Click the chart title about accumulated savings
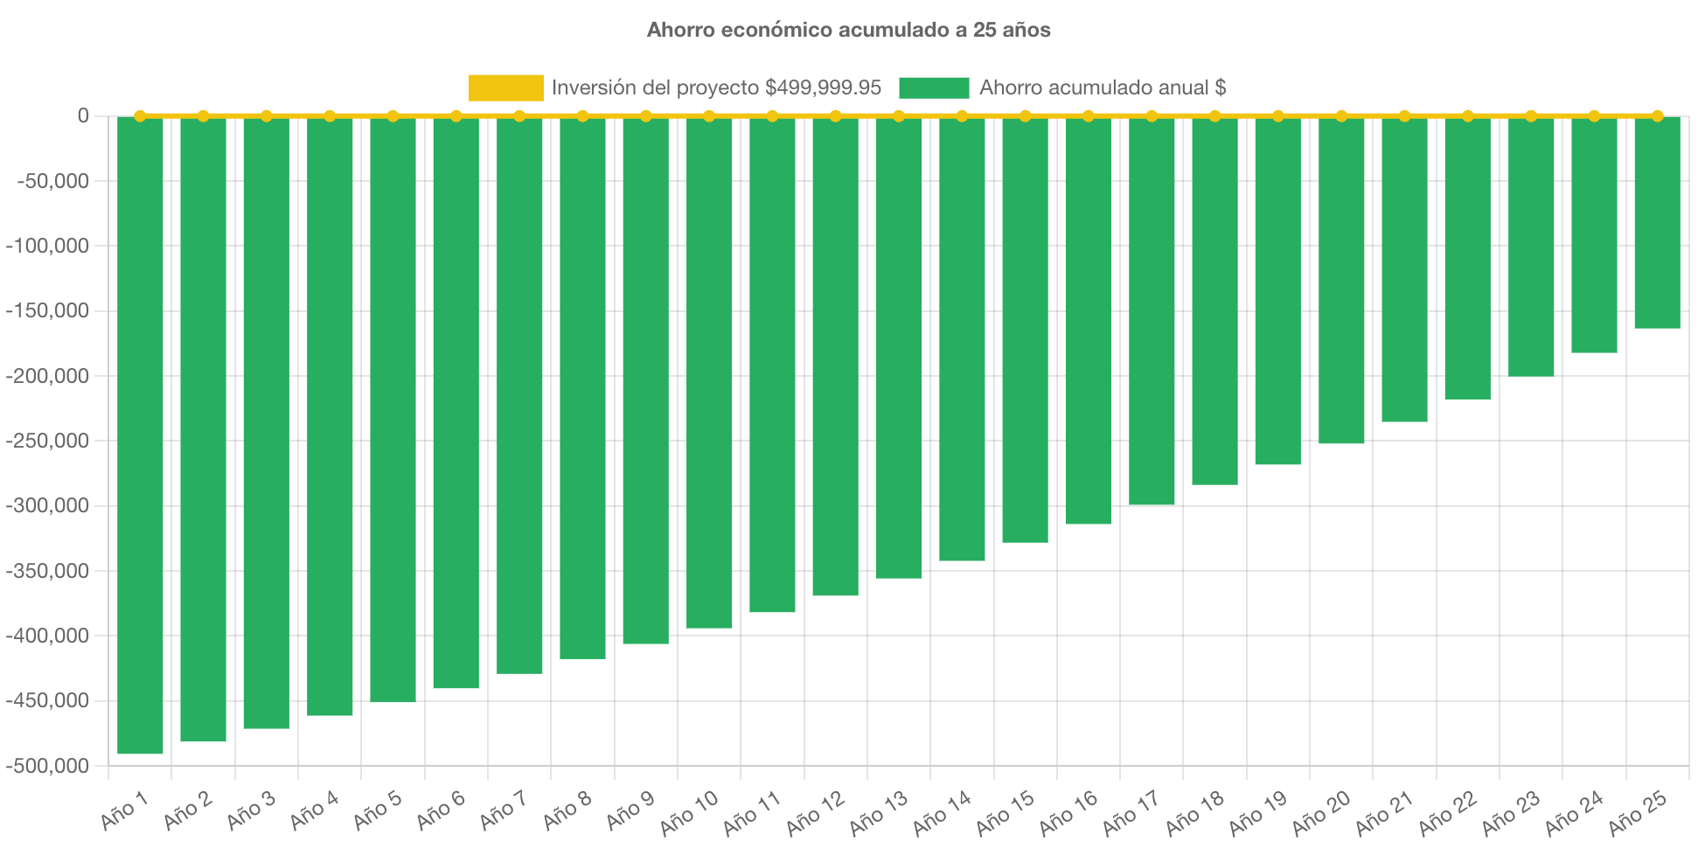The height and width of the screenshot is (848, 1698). [x=848, y=30]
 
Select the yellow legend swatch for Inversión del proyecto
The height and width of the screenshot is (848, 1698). [x=505, y=87]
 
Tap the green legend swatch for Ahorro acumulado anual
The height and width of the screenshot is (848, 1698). [x=933, y=87]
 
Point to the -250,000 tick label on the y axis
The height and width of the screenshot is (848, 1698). [x=47, y=441]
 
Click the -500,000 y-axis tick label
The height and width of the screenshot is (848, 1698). [x=47, y=766]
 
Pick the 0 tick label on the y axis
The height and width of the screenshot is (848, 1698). [x=83, y=115]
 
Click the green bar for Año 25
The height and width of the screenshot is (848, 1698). [x=1657, y=223]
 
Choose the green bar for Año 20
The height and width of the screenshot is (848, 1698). [x=1341, y=280]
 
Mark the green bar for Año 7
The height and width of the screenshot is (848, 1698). [x=519, y=394]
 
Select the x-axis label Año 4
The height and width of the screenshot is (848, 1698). [x=314, y=810]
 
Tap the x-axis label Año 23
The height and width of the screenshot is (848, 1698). [x=1510, y=812]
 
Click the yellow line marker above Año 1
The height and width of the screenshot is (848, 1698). [x=140, y=116]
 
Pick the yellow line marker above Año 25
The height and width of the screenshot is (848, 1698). [x=1657, y=116]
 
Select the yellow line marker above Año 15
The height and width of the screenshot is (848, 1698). [x=1025, y=116]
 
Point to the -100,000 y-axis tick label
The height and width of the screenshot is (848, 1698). [x=47, y=246]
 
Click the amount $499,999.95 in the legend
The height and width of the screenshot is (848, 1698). [x=823, y=87]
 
